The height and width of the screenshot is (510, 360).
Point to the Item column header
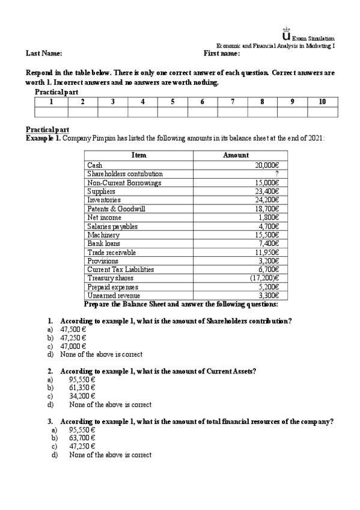point(139,155)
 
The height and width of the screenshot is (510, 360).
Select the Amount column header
point(236,155)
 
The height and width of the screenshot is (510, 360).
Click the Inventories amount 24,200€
point(266,200)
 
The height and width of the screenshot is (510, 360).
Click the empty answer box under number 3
point(112,111)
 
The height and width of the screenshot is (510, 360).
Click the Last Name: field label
point(43,54)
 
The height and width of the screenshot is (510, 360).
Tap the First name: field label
point(222,54)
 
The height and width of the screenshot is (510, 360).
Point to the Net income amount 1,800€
point(269,217)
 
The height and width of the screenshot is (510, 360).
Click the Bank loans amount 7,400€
point(269,244)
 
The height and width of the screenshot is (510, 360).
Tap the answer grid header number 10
point(322,102)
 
